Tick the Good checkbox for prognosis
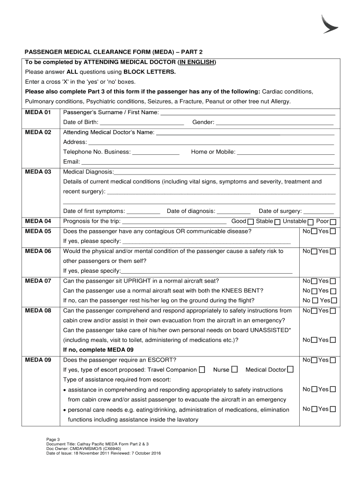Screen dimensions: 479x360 [251, 222]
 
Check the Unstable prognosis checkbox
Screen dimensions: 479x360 [311, 222]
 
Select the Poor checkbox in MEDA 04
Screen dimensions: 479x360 [333, 222]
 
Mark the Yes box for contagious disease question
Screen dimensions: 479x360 [333, 232]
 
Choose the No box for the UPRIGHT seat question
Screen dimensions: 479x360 [314, 282]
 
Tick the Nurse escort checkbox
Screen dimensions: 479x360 [234, 370]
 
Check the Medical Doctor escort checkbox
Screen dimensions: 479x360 [290, 370]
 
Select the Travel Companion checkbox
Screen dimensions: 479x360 [202, 370]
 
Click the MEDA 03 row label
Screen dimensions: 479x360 [38, 172]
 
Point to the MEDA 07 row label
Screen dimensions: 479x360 [38, 281]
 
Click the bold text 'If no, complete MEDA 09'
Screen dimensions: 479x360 [98, 350]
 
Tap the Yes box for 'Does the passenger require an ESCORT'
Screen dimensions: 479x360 [333, 360]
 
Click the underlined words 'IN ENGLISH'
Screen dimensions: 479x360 [196, 62]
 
